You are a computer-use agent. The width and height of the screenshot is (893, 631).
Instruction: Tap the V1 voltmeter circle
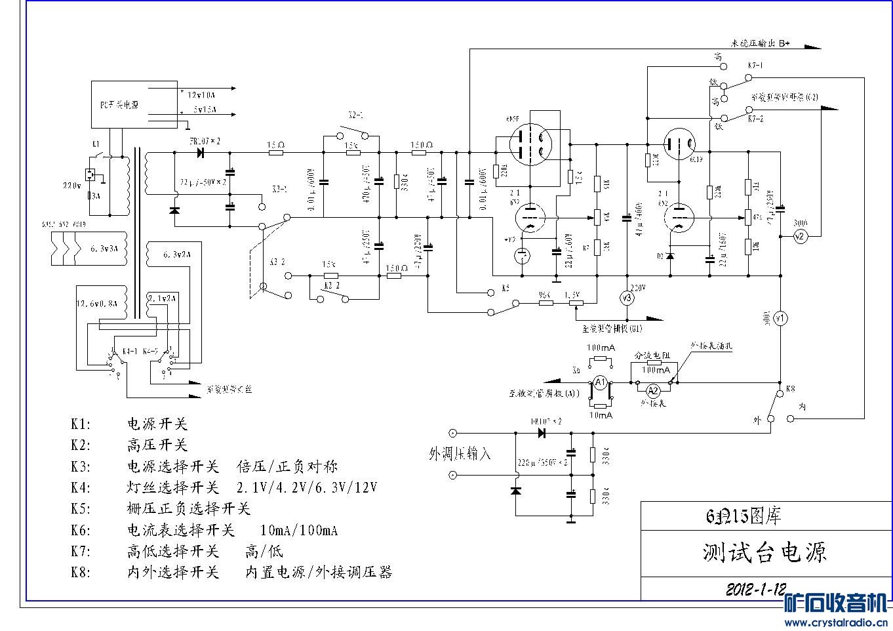click(780, 318)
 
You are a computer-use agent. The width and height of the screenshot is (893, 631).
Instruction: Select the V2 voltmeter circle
click(799, 237)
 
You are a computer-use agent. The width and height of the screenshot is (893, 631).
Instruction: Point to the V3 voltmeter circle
click(627, 298)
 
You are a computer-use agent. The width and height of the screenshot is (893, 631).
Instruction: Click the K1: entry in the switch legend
click(81, 424)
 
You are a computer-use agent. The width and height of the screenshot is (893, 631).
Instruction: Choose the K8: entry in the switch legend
click(81, 572)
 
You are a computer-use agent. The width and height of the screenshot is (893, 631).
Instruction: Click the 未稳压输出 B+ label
click(761, 43)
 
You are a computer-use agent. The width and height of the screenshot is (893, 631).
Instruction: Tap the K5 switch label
click(504, 288)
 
